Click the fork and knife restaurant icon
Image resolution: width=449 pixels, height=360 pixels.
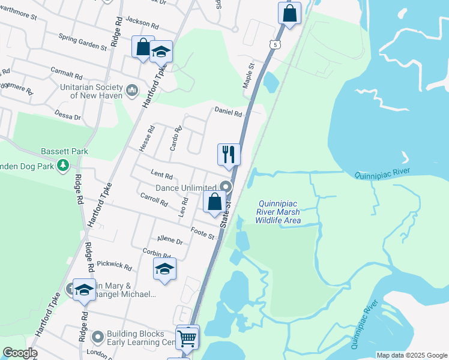click(x=229, y=155)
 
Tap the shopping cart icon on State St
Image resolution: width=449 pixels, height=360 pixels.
click(x=187, y=338)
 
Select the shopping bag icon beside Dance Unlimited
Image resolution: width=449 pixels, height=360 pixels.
click(x=215, y=202)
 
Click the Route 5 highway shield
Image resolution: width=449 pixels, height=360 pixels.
click(x=274, y=44)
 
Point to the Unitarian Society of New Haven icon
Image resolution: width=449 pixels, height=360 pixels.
click(x=133, y=91)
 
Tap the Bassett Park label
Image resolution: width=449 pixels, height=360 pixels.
click(x=64, y=151)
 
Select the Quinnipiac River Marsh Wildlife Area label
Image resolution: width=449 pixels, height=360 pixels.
click(x=278, y=212)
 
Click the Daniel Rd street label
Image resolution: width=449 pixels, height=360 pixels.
click(x=229, y=112)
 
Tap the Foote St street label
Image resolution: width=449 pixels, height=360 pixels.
click(x=202, y=232)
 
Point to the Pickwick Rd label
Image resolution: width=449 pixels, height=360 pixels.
click(x=114, y=264)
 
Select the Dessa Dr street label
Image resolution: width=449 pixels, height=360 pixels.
click(x=67, y=116)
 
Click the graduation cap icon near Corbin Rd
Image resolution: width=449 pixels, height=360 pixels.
click(x=164, y=269)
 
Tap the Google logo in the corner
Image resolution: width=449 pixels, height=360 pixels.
click(x=19, y=353)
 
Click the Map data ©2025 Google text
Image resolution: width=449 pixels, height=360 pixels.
click(x=412, y=355)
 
